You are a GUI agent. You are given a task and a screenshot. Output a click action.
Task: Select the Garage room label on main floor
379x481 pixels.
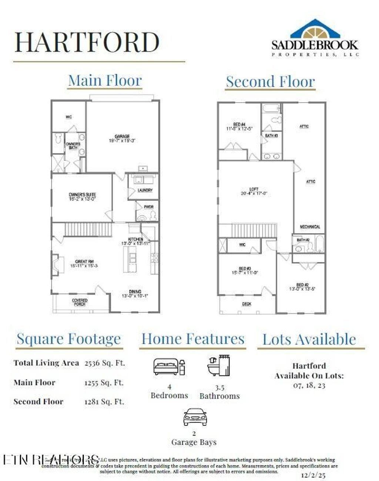tap(122, 139)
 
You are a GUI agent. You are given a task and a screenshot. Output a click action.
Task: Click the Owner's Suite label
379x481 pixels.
tap(82, 197)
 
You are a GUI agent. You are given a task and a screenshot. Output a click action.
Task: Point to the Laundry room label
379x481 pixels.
tap(145, 190)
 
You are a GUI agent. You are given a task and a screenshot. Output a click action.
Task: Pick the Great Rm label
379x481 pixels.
tap(84, 263)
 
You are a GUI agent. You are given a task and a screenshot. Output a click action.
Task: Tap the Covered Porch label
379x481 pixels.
tap(80, 302)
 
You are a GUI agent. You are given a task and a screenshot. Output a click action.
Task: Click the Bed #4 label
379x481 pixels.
tap(239, 127)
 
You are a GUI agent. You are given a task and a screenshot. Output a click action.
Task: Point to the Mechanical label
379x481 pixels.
tap(310, 227)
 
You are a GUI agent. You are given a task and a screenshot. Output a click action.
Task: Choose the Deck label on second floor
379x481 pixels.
tap(246, 304)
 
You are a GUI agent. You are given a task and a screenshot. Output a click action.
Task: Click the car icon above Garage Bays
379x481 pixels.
tap(195, 417)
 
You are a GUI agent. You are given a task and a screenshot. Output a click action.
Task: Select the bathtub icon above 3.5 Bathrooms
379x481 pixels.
tap(219, 365)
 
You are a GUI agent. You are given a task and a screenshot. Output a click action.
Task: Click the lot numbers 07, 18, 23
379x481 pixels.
tap(309, 385)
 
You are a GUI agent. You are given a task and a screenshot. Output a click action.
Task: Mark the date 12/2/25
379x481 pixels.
tap(313, 474)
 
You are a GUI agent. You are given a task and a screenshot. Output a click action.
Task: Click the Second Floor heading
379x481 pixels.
tap(271, 82)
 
